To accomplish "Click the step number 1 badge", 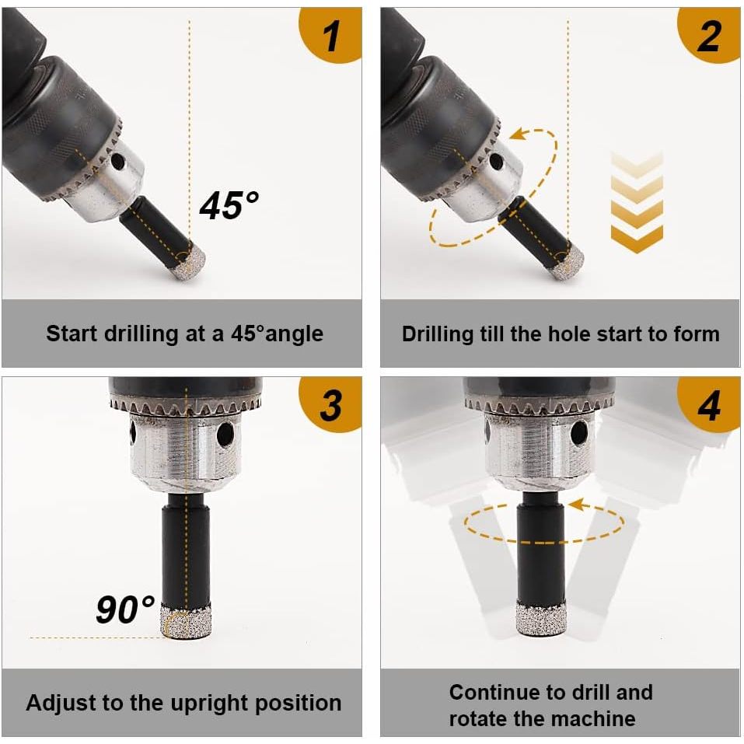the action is (332, 34).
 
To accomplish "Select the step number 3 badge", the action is (332, 404).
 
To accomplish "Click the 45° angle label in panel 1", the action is (229, 205).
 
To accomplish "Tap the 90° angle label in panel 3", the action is (125, 609).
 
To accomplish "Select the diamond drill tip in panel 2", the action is (566, 261).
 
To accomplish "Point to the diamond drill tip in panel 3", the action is (185, 620).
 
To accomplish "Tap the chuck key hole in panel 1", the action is (117, 162).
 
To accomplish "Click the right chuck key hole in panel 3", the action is (225, 434).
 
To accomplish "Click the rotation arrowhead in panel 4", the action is (576, 505).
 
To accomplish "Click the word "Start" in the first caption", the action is (72, 334).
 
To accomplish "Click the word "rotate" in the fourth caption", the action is (478, 719).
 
